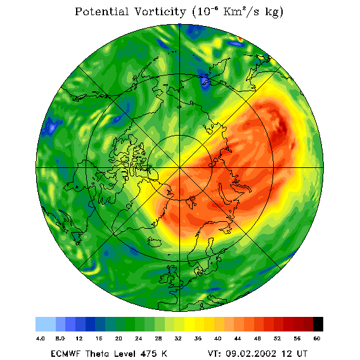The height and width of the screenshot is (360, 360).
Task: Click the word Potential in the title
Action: tap(101, 11)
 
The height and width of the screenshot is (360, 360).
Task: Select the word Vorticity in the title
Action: tap(160, 11)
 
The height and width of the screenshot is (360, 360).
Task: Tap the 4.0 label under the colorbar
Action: tap(41, 338)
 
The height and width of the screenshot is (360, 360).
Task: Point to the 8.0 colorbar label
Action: tap(60, 338)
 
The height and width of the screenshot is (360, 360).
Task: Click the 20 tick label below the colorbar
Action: tap(119, 338)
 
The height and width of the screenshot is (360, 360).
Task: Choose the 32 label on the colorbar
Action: tap(178, 338)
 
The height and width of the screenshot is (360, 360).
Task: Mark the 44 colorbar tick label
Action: tap(238, 338)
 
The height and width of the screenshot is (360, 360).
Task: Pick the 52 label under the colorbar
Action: tap(277, 338)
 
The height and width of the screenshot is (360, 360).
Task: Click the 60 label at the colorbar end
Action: tap(317, 338)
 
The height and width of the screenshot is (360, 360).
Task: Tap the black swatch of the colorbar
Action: tap(318, 324)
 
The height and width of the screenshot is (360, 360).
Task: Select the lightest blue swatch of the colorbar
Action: tap(46, 324)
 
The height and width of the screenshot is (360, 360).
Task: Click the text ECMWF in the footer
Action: tap(65, 353)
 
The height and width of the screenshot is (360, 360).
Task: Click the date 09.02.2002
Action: tap(251, 353)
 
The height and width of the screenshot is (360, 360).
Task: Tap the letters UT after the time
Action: tap(302, 353)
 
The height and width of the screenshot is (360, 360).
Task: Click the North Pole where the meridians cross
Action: tap(180, 168)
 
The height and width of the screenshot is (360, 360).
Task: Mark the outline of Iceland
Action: tap(154, 242)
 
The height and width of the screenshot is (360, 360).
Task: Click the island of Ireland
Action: tap(164, 278)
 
